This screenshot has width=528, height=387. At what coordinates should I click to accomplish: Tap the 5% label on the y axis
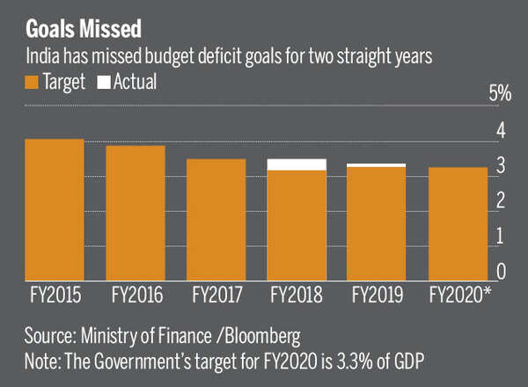click(500, 93)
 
